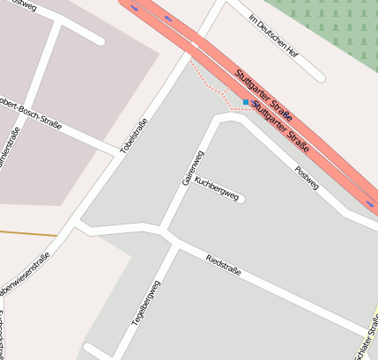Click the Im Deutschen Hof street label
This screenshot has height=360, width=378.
[273, 36]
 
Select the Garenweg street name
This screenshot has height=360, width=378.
[192, 167]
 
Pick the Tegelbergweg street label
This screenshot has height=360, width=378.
[146, 304]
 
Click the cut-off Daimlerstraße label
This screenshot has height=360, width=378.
[5, 150]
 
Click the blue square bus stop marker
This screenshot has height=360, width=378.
[246, 102]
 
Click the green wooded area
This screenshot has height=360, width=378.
[335, 26]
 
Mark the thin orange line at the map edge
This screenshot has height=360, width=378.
[26, 234]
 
